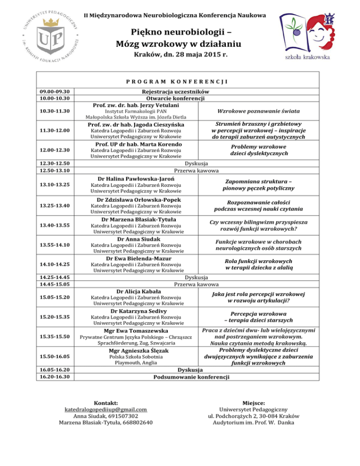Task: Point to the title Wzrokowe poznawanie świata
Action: click(259, 111)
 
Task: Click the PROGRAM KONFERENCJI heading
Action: click(180, 81)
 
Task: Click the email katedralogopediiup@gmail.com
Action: click(105, 409)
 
